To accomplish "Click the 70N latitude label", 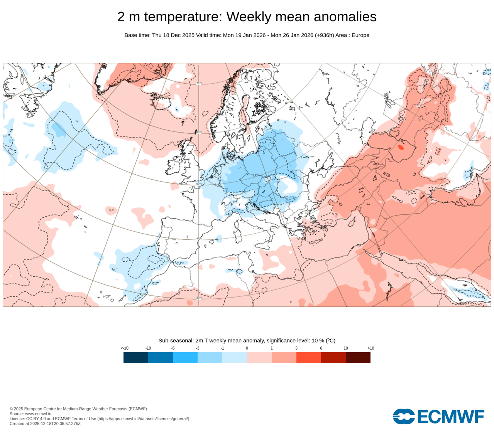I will click(199, 83).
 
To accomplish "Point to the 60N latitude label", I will click(199, 132).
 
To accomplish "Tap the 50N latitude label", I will click(199, 184).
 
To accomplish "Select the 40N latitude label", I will click(199, 239).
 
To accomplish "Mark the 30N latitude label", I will click(199, 298).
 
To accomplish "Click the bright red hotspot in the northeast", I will click(401, 147).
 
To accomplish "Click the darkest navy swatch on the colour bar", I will click(136, 358).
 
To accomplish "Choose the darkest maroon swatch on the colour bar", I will click(358, 358).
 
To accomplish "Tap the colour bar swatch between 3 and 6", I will click(309, 358).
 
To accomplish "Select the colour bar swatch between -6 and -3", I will click(185, 358).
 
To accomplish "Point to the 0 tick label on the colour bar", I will click(247, 348).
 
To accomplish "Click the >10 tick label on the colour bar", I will click(370, 348).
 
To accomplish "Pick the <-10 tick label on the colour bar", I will click(124, 348).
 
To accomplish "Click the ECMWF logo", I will click(438, 417).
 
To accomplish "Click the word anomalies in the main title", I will click(345, 17).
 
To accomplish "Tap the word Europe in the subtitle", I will click(360, 35).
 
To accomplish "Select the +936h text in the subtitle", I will click(324, 35).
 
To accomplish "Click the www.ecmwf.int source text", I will click(39, 414).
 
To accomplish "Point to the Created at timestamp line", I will click(45, 424).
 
